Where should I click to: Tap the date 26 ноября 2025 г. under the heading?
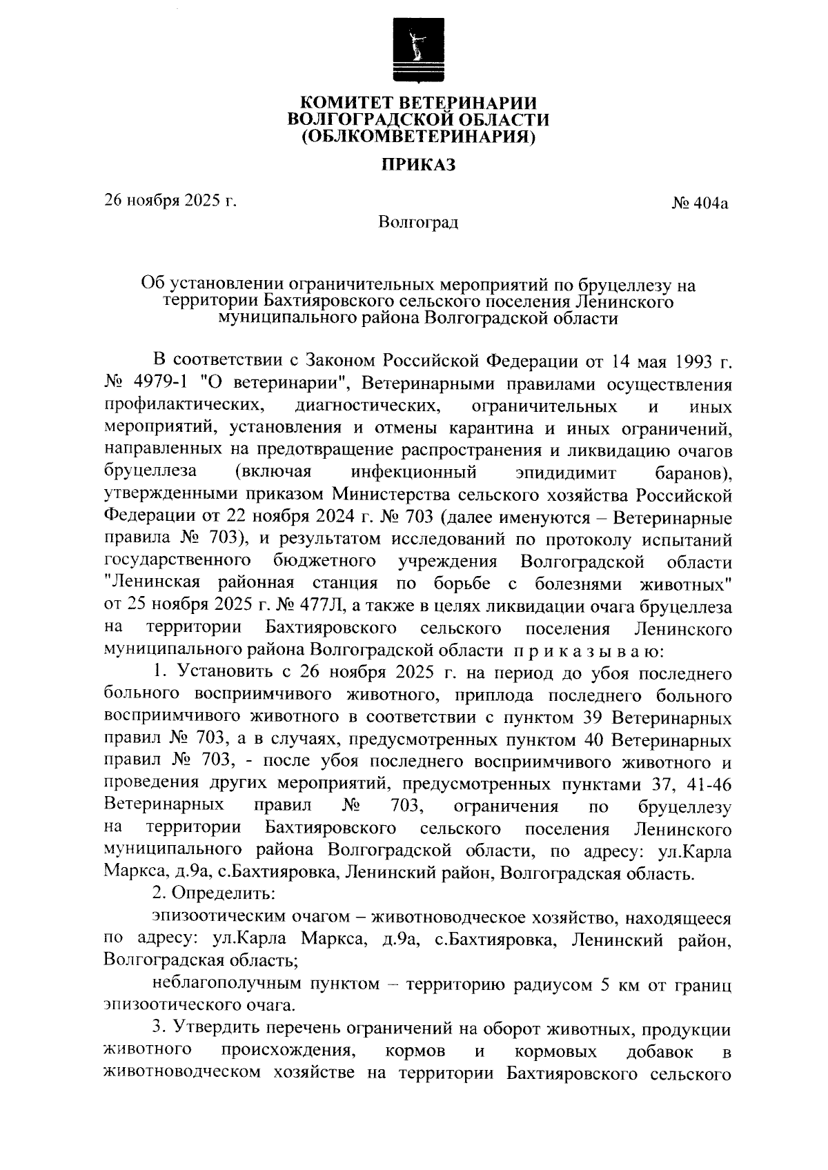pyautogui.click(x=170, y=201)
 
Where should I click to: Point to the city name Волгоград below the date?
pyautogui.click(x=418, y=223)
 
